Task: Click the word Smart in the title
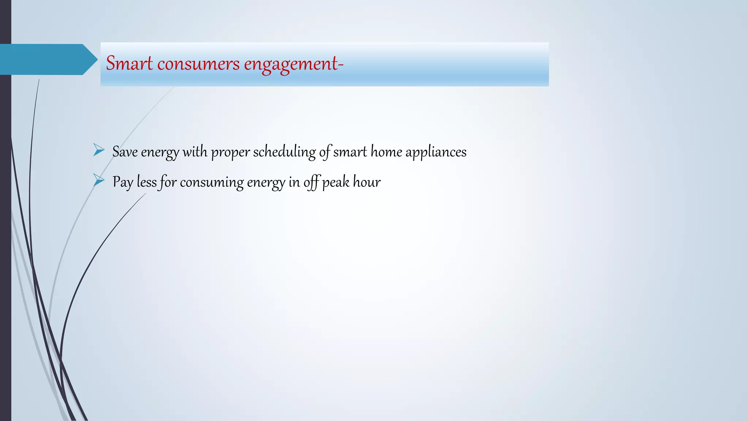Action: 129,64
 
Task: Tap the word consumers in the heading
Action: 198,64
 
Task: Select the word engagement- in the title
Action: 294,64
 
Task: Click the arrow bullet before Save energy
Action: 99,150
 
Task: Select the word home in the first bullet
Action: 386,152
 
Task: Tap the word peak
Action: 336,182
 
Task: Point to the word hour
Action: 367,182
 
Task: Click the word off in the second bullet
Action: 312,182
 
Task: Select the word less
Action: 146,182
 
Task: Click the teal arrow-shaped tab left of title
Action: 47,60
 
